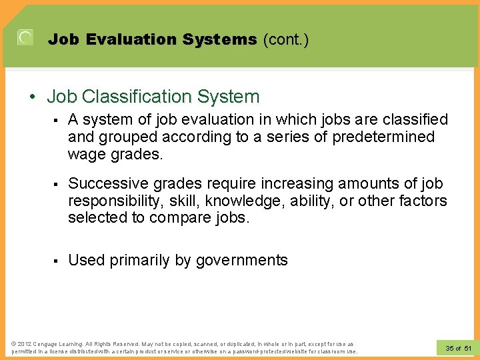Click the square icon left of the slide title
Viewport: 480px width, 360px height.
point(25,38)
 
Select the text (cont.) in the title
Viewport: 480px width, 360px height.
point(286,40)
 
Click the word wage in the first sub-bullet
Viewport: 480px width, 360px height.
point(86,154)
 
